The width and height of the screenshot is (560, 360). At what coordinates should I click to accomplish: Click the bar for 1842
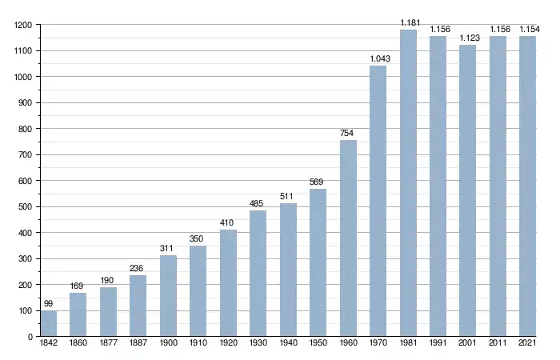tap(49, 323)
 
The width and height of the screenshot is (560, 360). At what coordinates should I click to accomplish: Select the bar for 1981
tap(408, 183)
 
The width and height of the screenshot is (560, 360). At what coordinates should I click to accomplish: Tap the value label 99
tap(49, 304)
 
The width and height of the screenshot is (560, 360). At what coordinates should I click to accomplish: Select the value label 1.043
tap(378, 59)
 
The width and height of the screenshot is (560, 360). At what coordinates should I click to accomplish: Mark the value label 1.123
tap(468, 38)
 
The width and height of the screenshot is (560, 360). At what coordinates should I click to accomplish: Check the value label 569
tap(318, 182)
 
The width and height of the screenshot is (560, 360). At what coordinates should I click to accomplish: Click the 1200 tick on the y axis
tap(22, 25)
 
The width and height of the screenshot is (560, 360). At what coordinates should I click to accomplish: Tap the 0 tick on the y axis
tap(30, 337)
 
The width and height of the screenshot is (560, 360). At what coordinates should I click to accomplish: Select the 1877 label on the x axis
tap(109, 345)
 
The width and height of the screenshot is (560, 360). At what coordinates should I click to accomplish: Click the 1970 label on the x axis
tap(378, 345)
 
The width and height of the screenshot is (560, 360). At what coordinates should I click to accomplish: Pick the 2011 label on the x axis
tap(498, 345)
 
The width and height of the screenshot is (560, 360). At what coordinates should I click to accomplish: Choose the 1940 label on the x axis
tap(288, 345)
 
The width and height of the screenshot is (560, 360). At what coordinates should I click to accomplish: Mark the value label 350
tap(198, 238)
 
